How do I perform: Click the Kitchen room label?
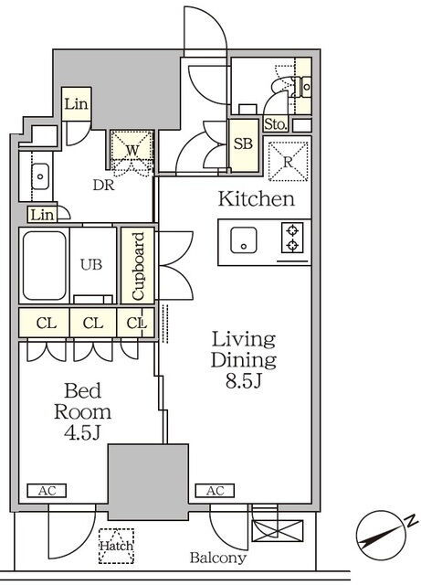click(257, 199)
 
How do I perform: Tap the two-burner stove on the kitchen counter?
click(292, 238)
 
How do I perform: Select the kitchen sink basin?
click(244, 239)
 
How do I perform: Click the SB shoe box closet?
click(244, 145)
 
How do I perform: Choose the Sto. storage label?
click(276, 124)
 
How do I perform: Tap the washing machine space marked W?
click(132, 146)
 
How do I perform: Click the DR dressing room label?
click(104, 185)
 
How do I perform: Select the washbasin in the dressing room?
click(39, 176)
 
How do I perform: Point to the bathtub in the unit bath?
click(45, 265)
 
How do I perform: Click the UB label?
click(91, 264)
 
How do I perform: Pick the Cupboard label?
click(138, 266)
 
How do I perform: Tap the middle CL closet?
click(93, 323)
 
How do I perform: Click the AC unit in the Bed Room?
click(47, 491)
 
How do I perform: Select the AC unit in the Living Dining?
click(215, 491)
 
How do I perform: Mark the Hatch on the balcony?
click(116, 546)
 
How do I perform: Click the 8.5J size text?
click(244, 381)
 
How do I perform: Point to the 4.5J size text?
click(82, 432)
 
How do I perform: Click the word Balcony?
click(218, 558)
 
